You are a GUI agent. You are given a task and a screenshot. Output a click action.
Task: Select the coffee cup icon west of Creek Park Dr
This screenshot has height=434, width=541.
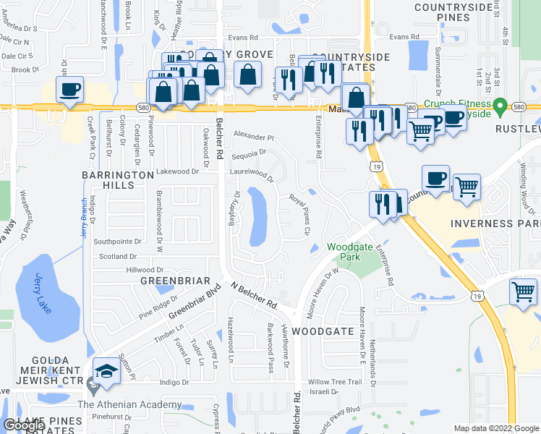pyautogui.click(x=69, y=91)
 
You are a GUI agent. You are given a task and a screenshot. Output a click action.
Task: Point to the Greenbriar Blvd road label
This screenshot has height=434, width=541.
pyautogui.click(x=194, y=305)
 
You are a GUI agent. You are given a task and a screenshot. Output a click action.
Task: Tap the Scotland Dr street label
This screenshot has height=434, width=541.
pyautogui.click(x=118, y=257)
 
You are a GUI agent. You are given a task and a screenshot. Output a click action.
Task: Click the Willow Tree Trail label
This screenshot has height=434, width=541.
pyautogui.click(x=334, y=382)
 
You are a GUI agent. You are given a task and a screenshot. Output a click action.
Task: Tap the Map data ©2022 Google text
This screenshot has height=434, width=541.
pyautogui.click(x=496, y=428)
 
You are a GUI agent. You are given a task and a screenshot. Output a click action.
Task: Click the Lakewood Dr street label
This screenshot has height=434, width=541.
pyautogui.click(x=178, y=172)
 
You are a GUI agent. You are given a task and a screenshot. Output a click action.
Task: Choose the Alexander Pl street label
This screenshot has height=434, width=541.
pyautogui.click(x=254, y=136)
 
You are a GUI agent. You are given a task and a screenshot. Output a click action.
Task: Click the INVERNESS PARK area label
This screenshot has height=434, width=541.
pyautogui.click(x=495, y=224)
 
